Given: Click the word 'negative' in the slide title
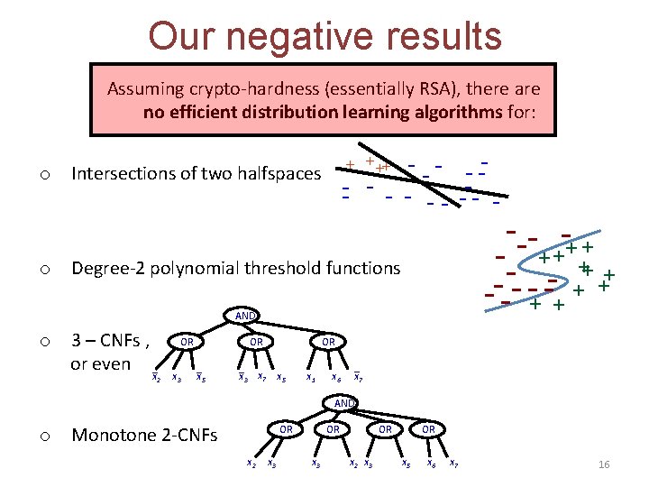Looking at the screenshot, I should [x=305, y=36].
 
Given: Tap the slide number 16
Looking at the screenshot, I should [x=604, y=464].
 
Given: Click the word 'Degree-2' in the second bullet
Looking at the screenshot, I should [x=105, y=268].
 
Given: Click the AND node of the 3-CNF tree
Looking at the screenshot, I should [x=245, y=317].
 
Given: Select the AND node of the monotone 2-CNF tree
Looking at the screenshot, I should [x=344, y=402].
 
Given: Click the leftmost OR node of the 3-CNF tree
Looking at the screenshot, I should [x=187, y=342].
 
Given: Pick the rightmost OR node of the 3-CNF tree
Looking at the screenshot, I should [x=328, y=342].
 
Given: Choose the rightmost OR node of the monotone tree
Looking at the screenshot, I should [x=429, y=428].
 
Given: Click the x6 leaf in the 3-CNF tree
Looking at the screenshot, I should [x=335, y=377].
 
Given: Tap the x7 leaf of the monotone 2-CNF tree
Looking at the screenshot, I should [x=453, y=464].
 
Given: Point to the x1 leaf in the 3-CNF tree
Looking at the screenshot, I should [x=310, y=377].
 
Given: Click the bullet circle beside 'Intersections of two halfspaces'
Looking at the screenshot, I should [x=42, y=172].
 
